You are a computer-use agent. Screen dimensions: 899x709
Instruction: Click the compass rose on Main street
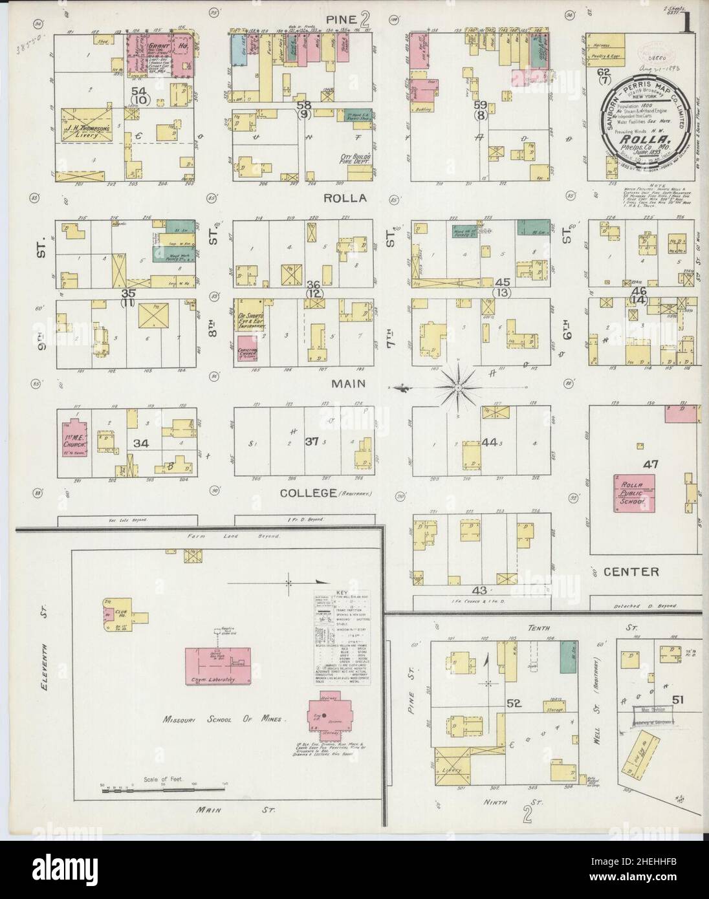point(457,387)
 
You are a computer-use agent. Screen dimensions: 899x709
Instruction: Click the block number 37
point(312,442)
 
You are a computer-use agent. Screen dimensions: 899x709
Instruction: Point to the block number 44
point(488,442)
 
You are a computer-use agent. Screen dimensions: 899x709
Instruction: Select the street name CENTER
point(631,572)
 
